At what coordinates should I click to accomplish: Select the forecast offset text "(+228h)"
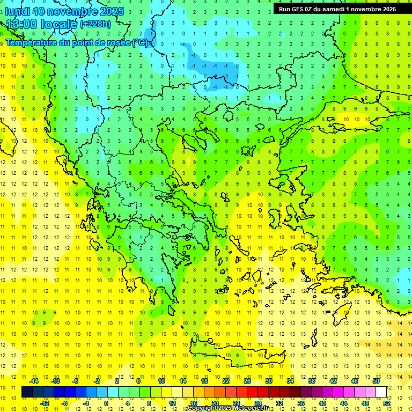tap(95, 24)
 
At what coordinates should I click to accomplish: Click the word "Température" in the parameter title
tap(32, 42)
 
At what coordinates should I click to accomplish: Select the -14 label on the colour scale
tap(33, 381)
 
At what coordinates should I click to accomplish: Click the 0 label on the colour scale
tap(106, 403)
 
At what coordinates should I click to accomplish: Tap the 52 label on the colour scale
tap(387, 403)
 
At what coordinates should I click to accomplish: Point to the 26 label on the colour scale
tap(247, 381)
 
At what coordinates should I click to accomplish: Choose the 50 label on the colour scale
tap(376, 381)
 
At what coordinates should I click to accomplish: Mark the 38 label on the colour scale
tap(312, 381)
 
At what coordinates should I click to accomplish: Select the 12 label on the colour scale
tap(172, 403)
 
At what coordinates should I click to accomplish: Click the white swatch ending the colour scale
tap(381, 392)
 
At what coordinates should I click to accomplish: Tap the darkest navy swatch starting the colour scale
tap(27, 392)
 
